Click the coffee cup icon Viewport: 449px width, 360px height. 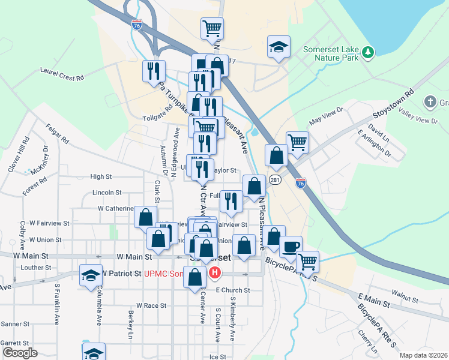pos(291,247)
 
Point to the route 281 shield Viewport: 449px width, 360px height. pos(275,180)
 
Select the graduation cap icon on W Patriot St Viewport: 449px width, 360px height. pos(91,275)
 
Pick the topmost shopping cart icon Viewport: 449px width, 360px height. pos(212,28)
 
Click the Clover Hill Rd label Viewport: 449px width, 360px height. pos(18,155)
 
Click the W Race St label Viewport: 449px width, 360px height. pos(151,305)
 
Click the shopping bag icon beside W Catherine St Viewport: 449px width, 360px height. pos(145,217)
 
